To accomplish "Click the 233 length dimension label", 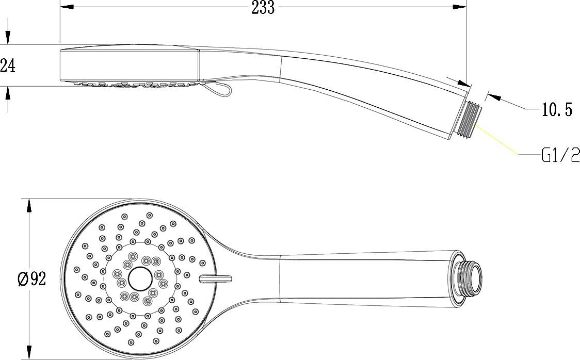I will point(263,8).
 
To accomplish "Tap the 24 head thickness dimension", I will point(7,66).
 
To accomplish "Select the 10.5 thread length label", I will point(557,109).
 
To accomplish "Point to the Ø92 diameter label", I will point(32,279).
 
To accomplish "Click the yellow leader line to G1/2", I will point(498,138).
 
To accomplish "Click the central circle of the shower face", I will point(139,279).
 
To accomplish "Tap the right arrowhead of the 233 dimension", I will point(460,7).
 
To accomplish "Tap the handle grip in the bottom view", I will point(361,279).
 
